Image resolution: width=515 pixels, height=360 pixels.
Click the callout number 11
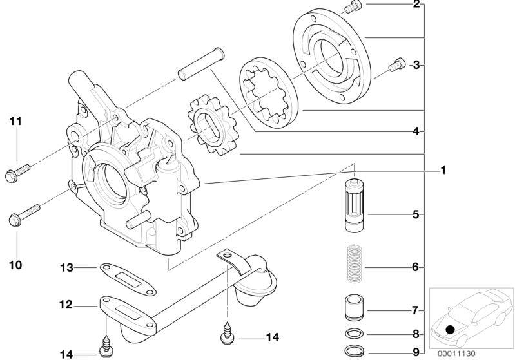coord(15,122)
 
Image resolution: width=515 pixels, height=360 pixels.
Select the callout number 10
coord(15,265)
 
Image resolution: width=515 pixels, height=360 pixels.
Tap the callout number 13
coord(66,268)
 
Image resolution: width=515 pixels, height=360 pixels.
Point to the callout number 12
coord(66,305)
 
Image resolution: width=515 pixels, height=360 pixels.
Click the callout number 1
coord(443,170)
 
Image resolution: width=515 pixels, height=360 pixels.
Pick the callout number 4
coord(416,131)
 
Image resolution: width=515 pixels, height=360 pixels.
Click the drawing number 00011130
coord(456,354)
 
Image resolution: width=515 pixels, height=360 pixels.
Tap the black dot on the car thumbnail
coord(450,329)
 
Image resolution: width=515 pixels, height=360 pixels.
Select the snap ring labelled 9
coord(354,352)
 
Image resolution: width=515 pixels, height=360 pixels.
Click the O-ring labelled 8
coord(355,334)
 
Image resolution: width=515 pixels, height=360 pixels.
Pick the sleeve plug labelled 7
coord(355,308)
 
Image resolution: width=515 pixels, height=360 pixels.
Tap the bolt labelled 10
coord(24,215)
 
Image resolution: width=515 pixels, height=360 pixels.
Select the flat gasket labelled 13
coord(128,279)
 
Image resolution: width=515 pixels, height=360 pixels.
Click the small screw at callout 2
coord(354,6)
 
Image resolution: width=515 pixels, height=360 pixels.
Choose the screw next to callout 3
coord(397,64)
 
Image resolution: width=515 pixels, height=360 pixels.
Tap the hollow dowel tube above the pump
coord(201,64)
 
